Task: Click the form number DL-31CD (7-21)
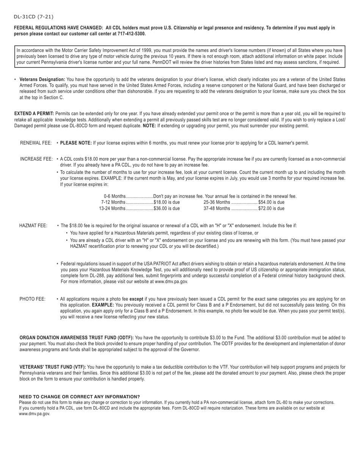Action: (x=33, y=17)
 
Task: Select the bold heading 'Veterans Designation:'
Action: (x=42, y=80)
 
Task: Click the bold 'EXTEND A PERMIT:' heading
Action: (x=34, y=114)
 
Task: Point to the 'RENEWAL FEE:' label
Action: (x=36, y=143)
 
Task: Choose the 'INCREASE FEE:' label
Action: (x=36, y=159)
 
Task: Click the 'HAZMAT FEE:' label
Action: (x=33, y=226)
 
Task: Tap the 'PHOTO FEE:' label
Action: (x=33, y=299)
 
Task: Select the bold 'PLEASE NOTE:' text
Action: (x=76, y=143)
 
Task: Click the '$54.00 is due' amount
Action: (x=271, y=202)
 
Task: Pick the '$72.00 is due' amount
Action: (x=271, y=208)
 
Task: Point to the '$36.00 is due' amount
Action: (x=167, y=208)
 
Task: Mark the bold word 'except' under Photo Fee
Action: (x=136, y=299)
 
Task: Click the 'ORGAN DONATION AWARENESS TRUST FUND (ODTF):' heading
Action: (x=77, y=338)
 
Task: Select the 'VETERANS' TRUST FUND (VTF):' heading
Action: (x=53, y=367)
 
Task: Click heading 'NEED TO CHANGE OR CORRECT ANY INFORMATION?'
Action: (x=79, y=396)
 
